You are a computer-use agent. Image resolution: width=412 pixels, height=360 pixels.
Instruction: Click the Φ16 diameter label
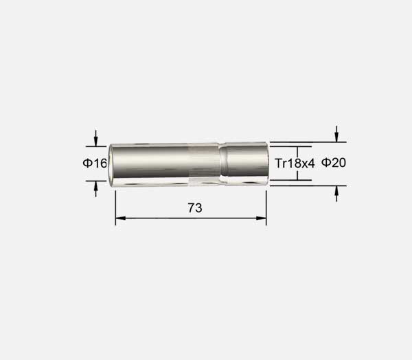coord(95,164)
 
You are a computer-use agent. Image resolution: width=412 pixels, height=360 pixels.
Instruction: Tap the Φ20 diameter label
coord(334,163)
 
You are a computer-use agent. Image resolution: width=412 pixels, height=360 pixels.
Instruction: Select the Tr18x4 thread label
coord(295,164)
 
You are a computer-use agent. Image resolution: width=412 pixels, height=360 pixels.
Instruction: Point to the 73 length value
coord(195,208)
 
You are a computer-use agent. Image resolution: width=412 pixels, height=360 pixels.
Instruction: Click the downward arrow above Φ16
coord(95,138)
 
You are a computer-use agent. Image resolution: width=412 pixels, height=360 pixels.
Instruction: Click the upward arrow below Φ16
coord(95,189)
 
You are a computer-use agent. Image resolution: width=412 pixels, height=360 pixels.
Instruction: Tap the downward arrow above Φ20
coord(336,134)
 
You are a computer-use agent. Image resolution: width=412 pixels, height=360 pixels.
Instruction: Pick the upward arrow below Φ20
coord(336,194)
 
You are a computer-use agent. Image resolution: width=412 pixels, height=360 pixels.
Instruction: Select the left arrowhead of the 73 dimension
coord(121,218)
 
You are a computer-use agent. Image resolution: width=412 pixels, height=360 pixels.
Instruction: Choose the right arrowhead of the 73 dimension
coord(261,218)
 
